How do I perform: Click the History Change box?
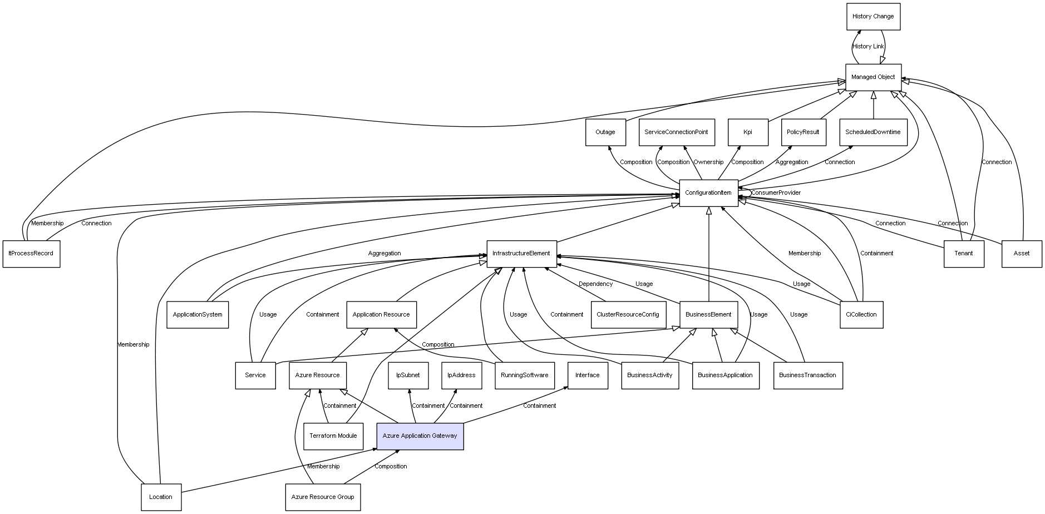[873, 17]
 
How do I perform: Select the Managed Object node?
[873, 77]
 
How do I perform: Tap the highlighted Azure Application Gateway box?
[420, 436]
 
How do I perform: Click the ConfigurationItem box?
[708, 193]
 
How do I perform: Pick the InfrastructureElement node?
[521, 254]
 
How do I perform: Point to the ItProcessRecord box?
[31, 254]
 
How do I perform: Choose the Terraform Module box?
[333, 436]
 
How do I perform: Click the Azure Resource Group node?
[323, 497]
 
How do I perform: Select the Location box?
[161, 497]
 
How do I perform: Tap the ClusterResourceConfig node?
[628, 315]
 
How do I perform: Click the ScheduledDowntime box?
[873, 132]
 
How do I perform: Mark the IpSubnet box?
[408, 375]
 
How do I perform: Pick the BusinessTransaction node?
[807, 375]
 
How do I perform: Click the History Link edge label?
[868, 47]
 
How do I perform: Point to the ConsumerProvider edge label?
[776, 193]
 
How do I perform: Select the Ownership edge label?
[708, 162]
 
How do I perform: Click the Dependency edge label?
[595, 284]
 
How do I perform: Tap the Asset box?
[1022, 254]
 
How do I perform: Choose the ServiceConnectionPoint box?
[676, 132]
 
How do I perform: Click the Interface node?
[588, 375]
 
